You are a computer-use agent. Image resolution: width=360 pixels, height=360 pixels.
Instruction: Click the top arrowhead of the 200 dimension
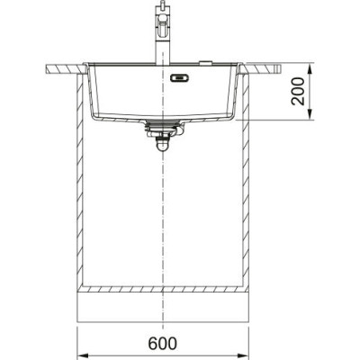pos(310,67)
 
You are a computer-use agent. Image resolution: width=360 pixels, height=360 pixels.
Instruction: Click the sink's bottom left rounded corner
pos(97,116)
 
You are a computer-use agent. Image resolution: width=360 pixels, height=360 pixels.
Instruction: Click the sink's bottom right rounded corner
pos(229,116)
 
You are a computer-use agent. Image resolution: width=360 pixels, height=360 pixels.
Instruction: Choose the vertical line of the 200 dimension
pos(310,91)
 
